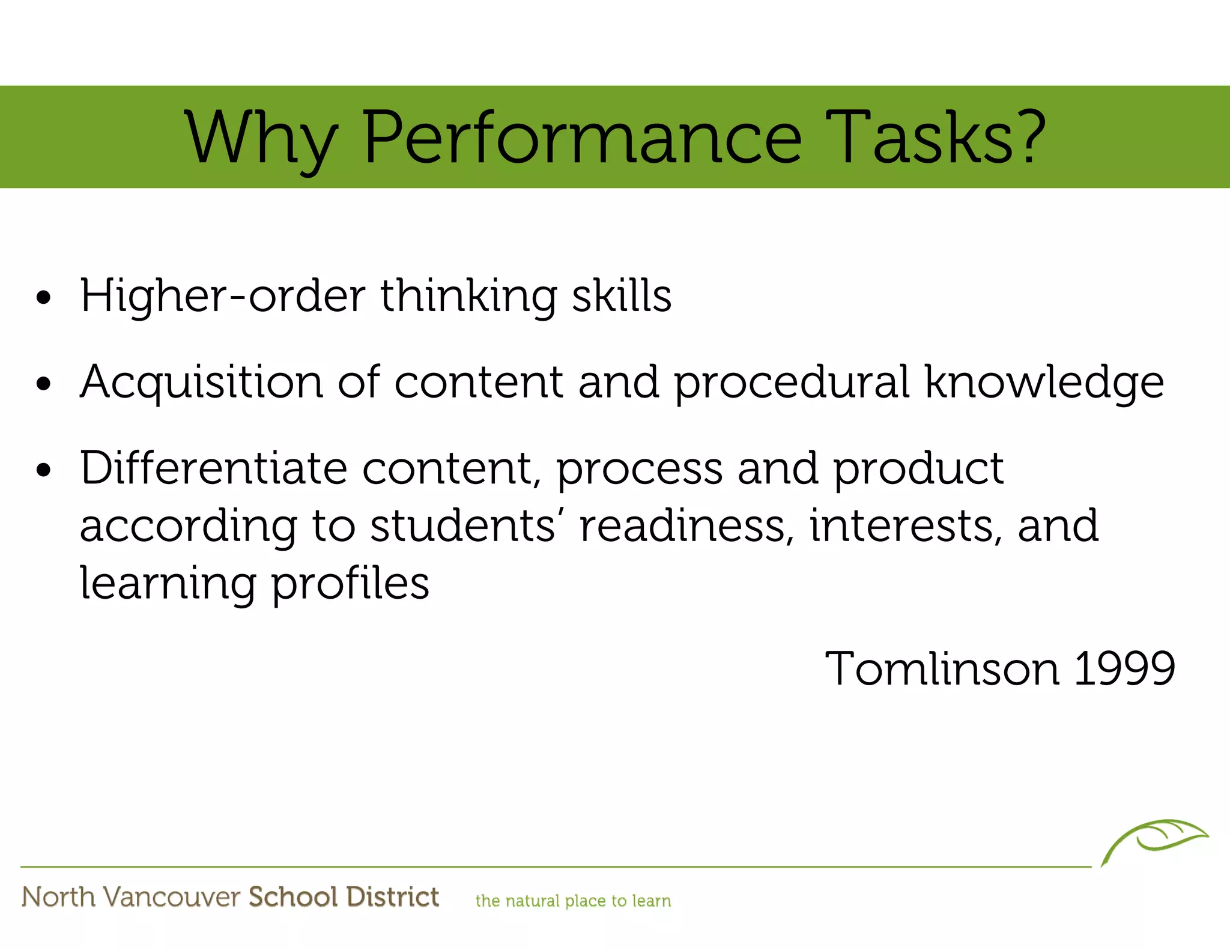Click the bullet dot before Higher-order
(x=43, y=297)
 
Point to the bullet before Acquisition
(x=43, y=383)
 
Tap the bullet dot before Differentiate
(x=43, y=470)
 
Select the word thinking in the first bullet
(x=468, y=296)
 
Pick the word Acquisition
(x=202, y=383)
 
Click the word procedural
(x=792, y=383)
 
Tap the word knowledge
(x=1044, y=383)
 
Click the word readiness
(x=682, y=525)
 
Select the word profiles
(x=351, y=584)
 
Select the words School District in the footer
(x=344, y=897)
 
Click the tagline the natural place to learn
(x=573, y=901)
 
